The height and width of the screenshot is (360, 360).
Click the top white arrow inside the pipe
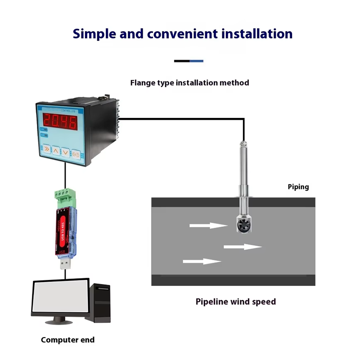pos(209,225)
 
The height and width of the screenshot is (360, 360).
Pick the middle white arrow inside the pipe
pos(243,247)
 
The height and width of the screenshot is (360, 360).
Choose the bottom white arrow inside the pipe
pos(202,261)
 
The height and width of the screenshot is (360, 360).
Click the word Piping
pos(298,187)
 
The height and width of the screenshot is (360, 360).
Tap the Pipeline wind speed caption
pos(235,301)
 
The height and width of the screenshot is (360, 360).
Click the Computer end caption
pos(67,340)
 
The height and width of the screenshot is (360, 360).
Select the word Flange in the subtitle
pos(141,83)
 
